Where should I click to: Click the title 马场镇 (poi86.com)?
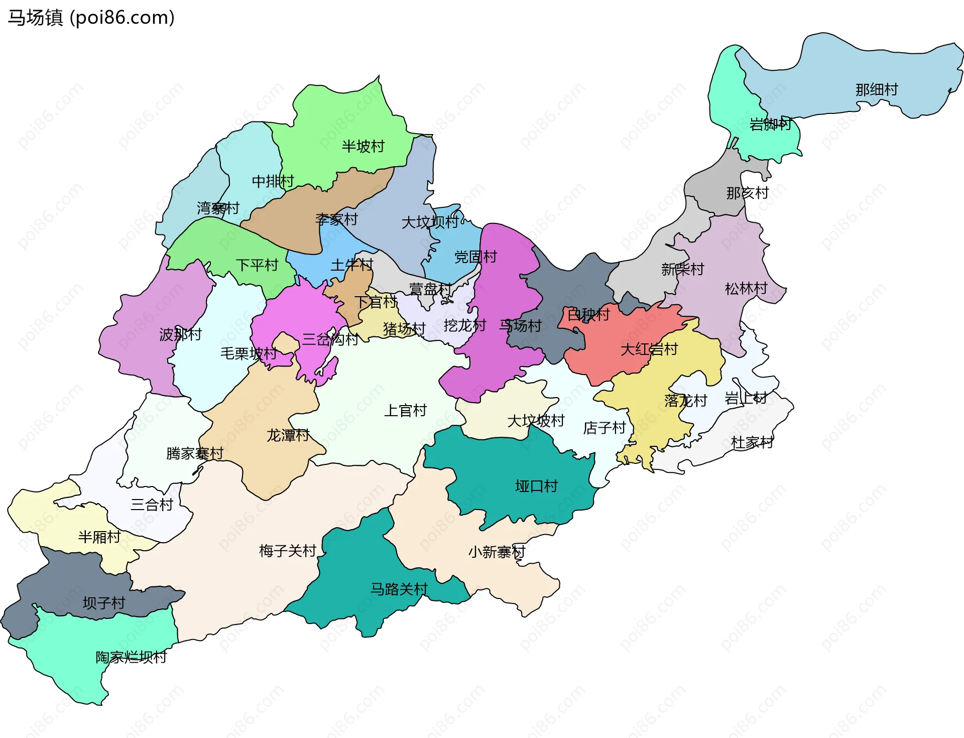click(x=91, y=18)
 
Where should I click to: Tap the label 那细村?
click(x=877, y=90)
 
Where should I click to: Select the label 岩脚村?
click(x=770, y=124)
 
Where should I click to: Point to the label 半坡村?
click(x=363, y=147)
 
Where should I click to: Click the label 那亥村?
click(x=747, y=193)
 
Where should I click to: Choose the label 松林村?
click(x=746, y=289)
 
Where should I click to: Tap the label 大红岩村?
click(x=649, y=349)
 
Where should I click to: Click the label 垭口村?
click(x=536, y=486)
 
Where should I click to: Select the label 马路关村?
click(x=399, y=589)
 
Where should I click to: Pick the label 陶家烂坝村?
click(x=132, y=657)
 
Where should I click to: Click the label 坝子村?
click(x=104, y=603)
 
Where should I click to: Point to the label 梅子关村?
click(x=288, y=551)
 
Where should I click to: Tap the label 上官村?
click(x=405, y=411)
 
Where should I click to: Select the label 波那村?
click(x=180, y=334)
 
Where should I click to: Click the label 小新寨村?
click(x=497, y=552)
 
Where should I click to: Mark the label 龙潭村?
click(x=288, y=435)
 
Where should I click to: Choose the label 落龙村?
click(x=685, y=401)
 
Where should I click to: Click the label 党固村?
click(x=475, y=257)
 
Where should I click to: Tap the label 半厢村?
click(x=99, y=537)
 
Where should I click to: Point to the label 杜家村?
click(x=752, y=443)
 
